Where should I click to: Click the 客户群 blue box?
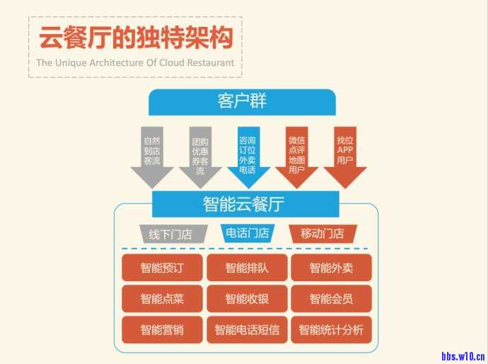coord(242,101)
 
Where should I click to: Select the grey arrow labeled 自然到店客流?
coord(152,153)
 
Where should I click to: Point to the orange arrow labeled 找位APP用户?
coord(344,153)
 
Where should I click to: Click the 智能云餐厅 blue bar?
coord(243,205)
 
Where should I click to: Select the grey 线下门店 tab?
coord(170,234)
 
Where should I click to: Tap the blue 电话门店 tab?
coord(247,233)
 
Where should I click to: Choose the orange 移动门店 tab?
coord(323,233)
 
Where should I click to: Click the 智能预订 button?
coord(162,268)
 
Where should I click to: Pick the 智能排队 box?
coord(247,268)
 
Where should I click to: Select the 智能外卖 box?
coord(331,268)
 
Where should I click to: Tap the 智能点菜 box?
coord(162,299)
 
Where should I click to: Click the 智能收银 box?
coord(247,299)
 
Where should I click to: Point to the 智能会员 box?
coord(331,299)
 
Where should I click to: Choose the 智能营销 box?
coord(162,330)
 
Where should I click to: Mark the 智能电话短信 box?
coord(247,330)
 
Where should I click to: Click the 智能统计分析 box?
coord(331,330)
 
